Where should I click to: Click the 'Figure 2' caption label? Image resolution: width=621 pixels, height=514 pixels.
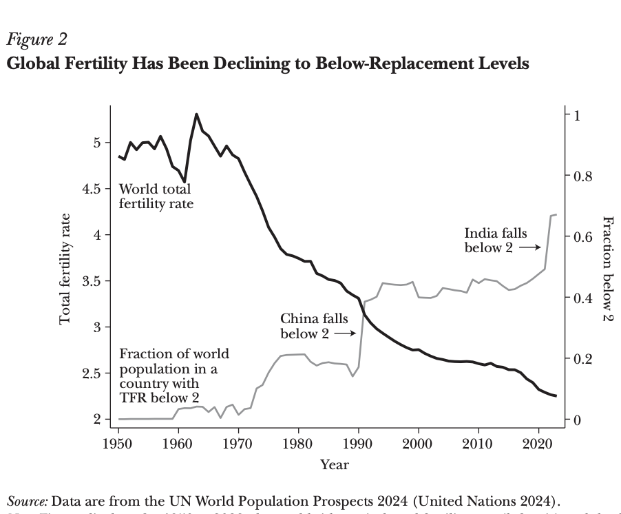click(37, 39)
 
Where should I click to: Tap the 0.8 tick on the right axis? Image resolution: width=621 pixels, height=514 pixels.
click(582, 176)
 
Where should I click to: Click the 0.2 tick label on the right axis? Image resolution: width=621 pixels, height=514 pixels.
click(582, 359)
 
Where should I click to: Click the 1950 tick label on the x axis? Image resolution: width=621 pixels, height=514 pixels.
click(118, 443)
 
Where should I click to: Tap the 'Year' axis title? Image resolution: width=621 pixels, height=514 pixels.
click(335, 464)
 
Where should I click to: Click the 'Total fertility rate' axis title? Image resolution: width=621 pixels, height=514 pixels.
click(65, 268)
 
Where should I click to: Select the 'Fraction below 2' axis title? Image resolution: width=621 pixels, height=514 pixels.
click(607, 268)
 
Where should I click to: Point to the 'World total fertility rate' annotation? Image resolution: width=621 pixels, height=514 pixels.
click(156, 196)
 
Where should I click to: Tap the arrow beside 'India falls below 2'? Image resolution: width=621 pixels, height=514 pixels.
click(528, 247)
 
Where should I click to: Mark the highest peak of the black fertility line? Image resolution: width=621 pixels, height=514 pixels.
click(196, 114)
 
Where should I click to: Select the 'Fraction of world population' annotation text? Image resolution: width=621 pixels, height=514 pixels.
click(174, 376)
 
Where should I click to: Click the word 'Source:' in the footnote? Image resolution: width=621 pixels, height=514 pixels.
click(28, 500)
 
